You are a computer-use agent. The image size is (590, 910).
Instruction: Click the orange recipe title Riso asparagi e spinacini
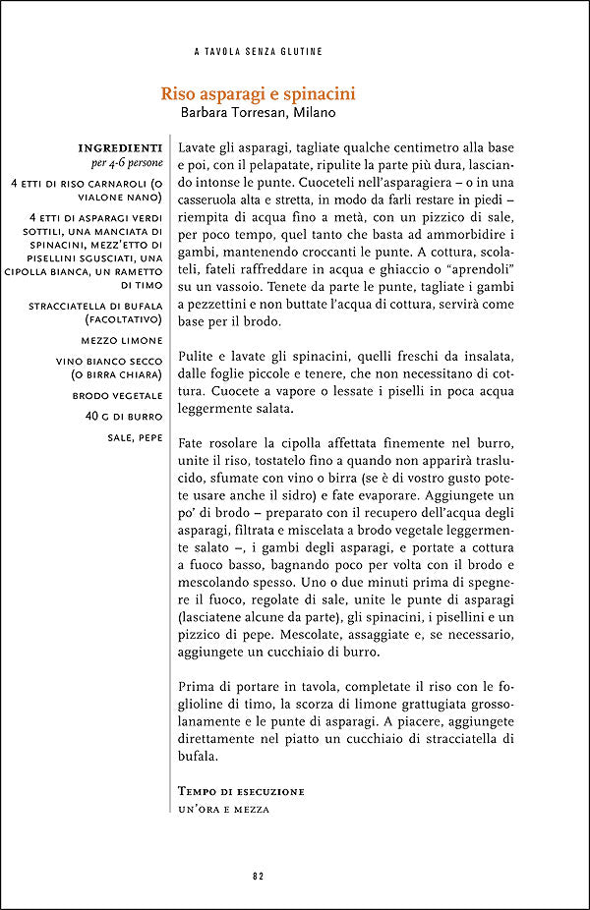pyautogui.click(x=258, y=94)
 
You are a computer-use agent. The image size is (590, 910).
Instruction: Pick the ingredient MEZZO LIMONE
pyautogui.click(x=123, y=340)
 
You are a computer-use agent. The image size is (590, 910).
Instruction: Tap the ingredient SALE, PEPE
pyautogui.click(x=135, y=436)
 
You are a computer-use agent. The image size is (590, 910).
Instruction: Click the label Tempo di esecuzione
pyautogui.click(x=241, y=791)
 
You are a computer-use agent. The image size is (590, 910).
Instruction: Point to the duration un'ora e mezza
pyautogui.click(x=223, y=809)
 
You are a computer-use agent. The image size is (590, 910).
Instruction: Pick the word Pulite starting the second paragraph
pyautogui.click(x=198, y=352)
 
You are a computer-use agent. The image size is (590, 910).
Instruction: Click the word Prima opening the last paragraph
pyautogui.click(x=198, y=685)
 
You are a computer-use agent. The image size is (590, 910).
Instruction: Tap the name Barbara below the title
pyautogui.click(x=208, y=113)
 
